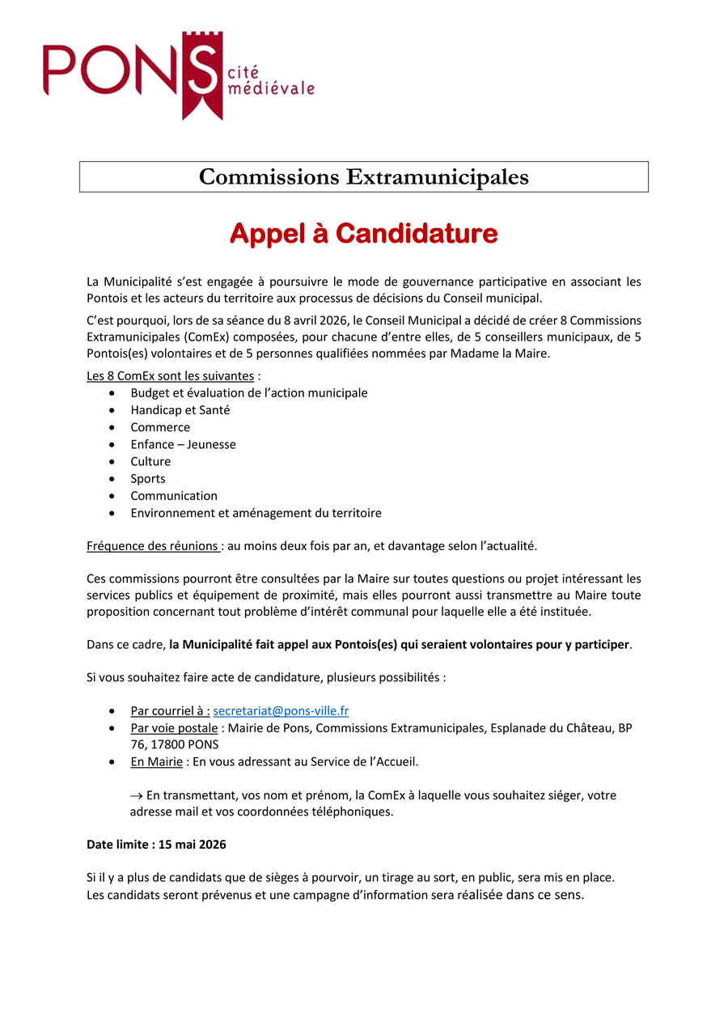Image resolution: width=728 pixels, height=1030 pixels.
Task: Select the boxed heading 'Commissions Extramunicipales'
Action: pos(364,176)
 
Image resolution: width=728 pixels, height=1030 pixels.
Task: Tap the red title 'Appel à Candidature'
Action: pos(364,234)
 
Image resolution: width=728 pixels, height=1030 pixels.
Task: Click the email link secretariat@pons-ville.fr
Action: pos(281,711)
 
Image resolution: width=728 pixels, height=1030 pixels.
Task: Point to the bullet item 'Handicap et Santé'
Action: pos(180,410)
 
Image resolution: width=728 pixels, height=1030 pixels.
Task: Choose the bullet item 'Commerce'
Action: pos(160,427)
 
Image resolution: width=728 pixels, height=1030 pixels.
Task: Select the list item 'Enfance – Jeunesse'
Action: pos(184,444)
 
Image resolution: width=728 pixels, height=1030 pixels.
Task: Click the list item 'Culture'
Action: pos(150,461)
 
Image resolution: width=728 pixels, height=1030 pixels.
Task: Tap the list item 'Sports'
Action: pos(148,478)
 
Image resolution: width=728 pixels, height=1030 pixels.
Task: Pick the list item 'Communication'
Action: pos(174,496)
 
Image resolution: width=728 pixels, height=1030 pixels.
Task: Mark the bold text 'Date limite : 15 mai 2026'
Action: pos(156,845)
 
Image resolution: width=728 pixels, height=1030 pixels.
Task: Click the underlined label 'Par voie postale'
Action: pos(174,728)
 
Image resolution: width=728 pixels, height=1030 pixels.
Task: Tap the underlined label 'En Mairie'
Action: pos(156,762)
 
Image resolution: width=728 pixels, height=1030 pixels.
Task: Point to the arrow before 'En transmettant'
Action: pos(137,796)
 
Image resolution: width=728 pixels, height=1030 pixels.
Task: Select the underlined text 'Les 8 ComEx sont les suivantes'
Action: pos(170,376)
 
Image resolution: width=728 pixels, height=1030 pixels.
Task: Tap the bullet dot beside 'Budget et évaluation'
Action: pos(111,393)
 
